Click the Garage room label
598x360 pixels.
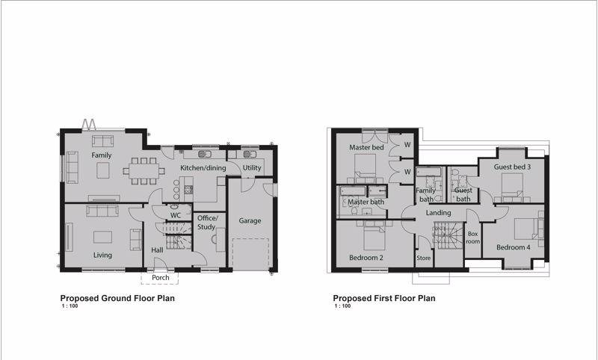tap(250, 220)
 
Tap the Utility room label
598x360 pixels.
tap(252, 167)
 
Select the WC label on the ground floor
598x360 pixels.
tap(176, 216)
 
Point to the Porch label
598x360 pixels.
tap(160, 277)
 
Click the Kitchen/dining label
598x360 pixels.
tap(203, 167)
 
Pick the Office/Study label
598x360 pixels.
tap(207, 223)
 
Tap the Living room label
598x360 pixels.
tap(102, 255)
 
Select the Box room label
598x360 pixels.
tap(473, 238)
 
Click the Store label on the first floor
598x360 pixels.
tap(423, 258)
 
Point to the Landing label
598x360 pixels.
tap(438, 213)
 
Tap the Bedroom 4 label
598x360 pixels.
tap(514, 247)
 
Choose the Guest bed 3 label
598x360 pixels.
tap(512, 167)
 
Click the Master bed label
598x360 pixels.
tap(366, 147)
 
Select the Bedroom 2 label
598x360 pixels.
tap(366, 258)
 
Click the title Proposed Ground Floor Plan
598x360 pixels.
tap(117, 298)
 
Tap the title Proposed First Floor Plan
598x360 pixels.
tap(384, 298)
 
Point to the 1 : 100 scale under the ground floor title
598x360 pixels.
tap(70, 306)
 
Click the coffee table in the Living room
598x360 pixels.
tap(102, 237)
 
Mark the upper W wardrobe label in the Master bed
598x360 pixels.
tap(407, 145)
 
